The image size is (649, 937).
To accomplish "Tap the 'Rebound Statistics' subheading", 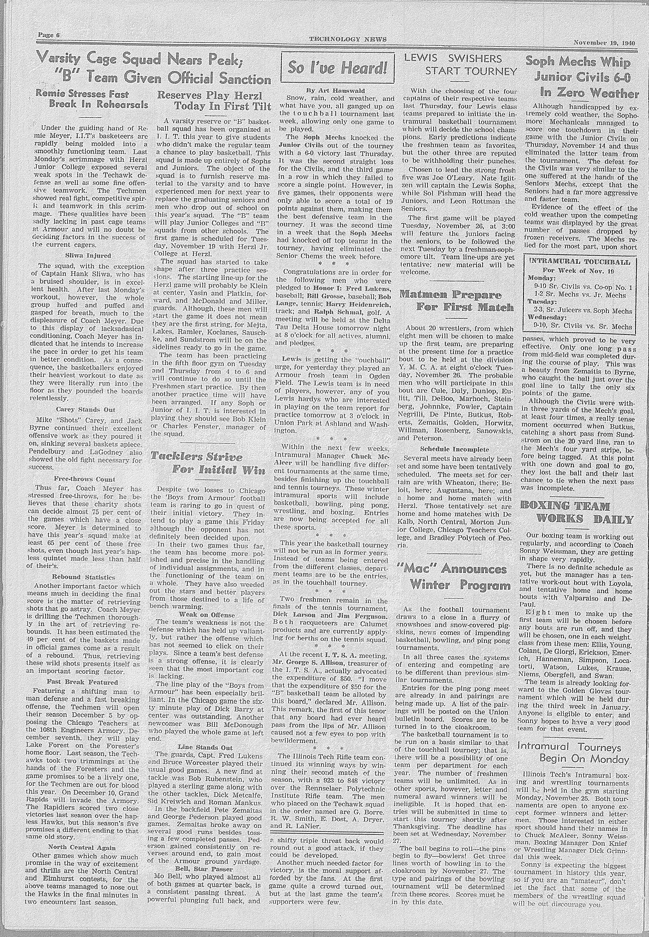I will tap(83, 577).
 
